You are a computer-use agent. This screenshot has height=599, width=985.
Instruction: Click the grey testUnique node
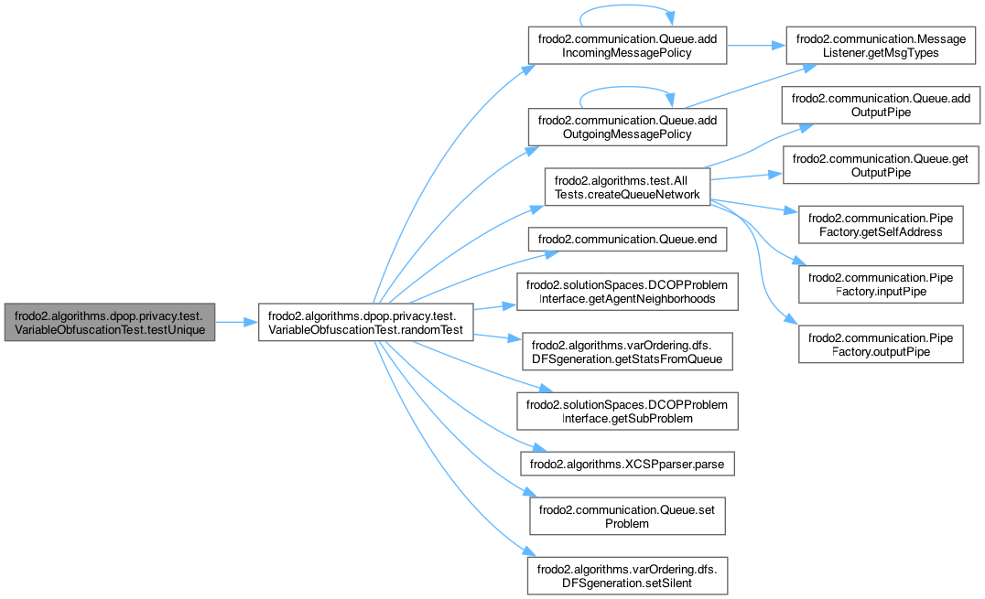click(x=110, y=322)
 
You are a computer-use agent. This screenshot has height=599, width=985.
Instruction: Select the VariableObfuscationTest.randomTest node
click(x=366, y=322)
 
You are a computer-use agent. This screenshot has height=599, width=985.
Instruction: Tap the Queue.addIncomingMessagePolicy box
click(x=627, y=46)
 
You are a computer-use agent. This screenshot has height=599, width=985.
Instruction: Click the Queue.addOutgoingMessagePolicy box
click(x=627, y=126)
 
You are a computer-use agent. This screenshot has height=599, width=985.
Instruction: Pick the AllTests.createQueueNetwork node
click(x=627, y=187)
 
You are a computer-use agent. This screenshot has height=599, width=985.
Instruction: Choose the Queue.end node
click(x=627, y=240)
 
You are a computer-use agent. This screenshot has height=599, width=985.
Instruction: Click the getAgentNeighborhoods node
click(x=627, y=293)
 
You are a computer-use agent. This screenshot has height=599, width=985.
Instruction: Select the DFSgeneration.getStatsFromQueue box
click(x=627, y=353)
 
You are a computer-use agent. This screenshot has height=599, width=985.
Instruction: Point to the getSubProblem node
click(x=627, y=412)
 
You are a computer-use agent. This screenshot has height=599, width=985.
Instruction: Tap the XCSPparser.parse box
click(x=627, y=465)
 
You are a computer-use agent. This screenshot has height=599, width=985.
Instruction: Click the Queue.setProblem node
click(x=627, y=518)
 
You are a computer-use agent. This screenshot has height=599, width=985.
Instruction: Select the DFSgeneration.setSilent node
click(x=627, y=576)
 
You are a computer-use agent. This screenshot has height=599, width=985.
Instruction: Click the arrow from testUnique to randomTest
click(x=236, y=322)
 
